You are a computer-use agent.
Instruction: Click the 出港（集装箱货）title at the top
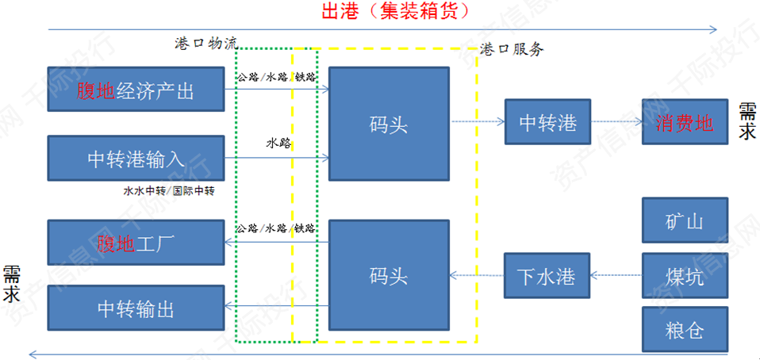coord(394,11)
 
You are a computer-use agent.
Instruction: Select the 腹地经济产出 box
coord(135,91)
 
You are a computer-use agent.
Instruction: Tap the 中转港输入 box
coord(135,159)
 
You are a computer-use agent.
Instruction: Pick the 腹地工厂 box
coord(135,242)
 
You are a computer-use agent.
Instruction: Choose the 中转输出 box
coord(135,308)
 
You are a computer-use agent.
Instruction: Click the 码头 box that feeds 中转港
coord(389,123)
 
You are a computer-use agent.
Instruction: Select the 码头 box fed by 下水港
coord(389,275)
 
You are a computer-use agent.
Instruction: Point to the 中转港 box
coord(547,123)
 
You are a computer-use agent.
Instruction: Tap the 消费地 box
coord(685,123)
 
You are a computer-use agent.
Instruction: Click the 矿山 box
coord(685,222)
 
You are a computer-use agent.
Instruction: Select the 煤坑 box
coord(685,277)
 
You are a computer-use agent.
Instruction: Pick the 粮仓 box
coord(685,329)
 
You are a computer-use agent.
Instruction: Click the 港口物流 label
coord(205,42)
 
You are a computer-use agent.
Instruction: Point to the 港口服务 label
coord(512,49)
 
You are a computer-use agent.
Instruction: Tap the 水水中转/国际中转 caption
coord(169,191)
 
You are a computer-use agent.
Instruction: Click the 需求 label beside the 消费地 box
coord(747,121)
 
